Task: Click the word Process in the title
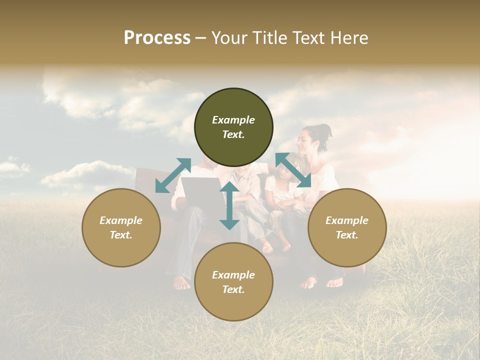(x=157, y=38)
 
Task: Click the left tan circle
(x=121, y=227)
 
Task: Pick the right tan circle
(x=347, y=227)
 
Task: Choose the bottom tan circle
(x=233, y=282)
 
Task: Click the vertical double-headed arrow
(x=229, y=206)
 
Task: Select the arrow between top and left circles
(x=173, y=175)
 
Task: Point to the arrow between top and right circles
(x=293, y=170)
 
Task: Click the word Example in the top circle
(x=233, y=120)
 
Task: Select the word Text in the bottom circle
(x=233, y=289)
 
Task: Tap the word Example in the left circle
(x=121, y=220)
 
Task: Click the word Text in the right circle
(x=347, y=235)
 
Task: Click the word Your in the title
(x=229, y=38)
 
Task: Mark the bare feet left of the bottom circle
(x=181, y=283)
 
